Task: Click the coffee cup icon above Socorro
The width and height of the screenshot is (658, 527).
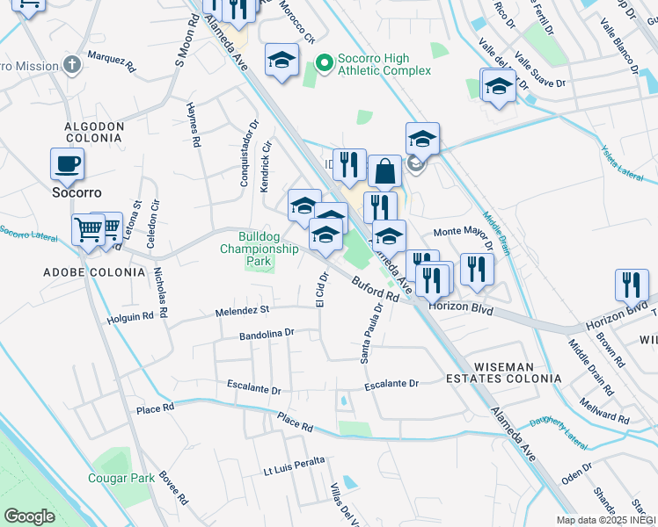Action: pyautogui.click(x=68, y=162)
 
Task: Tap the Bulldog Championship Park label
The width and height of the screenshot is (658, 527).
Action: pyautogui.click(x=257, y=249)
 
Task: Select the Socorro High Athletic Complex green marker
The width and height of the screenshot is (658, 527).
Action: pyautogui.click(x=324, y=62)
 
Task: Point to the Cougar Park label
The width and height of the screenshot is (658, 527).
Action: pyautogui.click(x=121, y=478)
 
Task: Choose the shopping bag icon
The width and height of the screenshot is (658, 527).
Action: pyautogui.click(x=384, y=171)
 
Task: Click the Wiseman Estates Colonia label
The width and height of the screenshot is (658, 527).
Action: pyautogui.click(x=504, y=372)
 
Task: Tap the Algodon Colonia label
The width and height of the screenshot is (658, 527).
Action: pyautogui.click(x=93, y=132)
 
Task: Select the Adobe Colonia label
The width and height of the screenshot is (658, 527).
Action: pyautogui.click(x=94, y=272)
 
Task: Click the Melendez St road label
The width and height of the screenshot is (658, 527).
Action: pyautogui.click(x=242, y=311)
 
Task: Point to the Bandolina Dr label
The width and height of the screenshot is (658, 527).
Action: pyautogui.click(x=266, y=335)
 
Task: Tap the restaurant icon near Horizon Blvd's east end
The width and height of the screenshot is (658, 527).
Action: pyautogui.click(x=632, y=285)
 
